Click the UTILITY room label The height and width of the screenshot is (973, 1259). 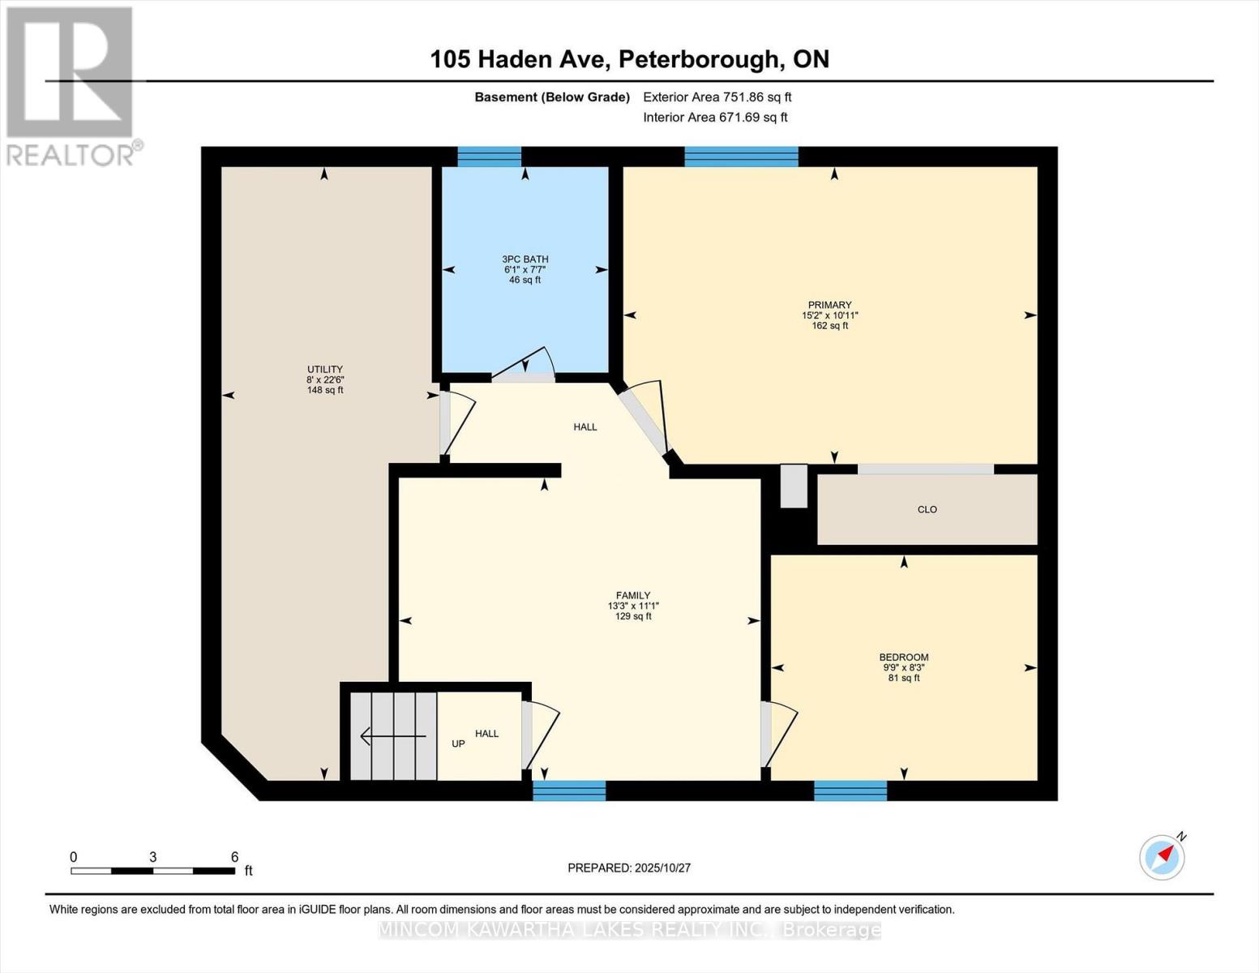[324, 370]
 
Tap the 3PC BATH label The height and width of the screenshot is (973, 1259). [525, 259]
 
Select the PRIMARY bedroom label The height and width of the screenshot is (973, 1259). [829, 306]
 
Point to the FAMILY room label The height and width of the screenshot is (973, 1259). [632, 596]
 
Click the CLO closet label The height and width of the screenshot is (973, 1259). [927, 510]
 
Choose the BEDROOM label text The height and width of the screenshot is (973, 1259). [903, 658]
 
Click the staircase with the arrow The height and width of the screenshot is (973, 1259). [393, 735]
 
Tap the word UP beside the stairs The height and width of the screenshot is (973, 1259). [458, 744]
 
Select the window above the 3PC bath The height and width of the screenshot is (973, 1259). [489, 156]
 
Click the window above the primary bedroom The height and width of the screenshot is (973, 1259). [741, 156]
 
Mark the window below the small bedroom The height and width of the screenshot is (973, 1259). [850, 791]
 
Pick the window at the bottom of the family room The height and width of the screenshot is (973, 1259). [569, 791]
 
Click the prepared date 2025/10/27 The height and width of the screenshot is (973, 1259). [629, 868]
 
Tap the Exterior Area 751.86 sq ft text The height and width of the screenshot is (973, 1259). [717, 97]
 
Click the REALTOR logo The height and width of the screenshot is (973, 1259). [71, 85]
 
